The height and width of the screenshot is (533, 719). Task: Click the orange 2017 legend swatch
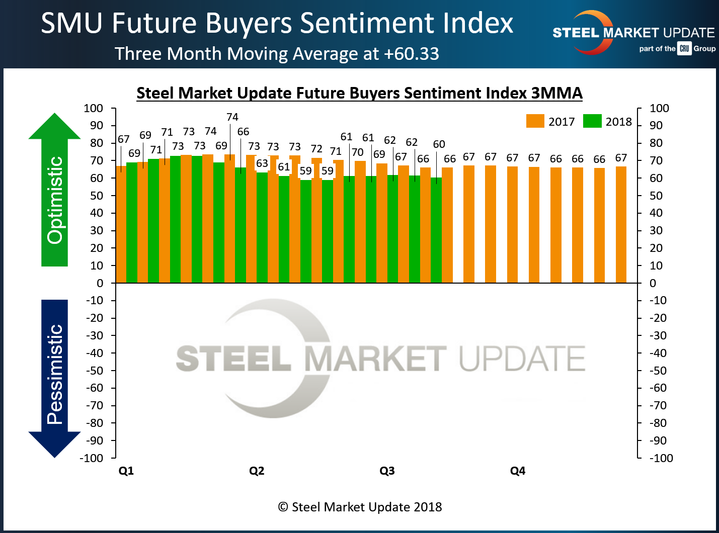click(535, 121)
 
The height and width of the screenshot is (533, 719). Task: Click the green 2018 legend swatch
click(592, 121)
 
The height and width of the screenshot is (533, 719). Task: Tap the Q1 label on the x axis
click(126, 471)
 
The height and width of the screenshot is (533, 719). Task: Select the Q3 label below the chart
click(387, 471)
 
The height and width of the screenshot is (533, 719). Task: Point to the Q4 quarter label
click(518, 471)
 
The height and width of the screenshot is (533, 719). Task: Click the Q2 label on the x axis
click(257, 471)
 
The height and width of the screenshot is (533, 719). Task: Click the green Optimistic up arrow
click(54, 191)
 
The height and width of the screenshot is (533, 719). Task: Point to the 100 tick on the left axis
click(94, 108)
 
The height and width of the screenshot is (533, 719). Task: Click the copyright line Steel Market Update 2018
click(360, 507)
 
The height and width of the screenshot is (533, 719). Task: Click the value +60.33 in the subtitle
click(411, 53)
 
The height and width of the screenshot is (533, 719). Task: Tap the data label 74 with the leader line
click(232, 117)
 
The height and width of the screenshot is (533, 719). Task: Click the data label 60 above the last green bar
click(439, 144)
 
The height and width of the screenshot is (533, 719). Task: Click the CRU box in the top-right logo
click(684, 49)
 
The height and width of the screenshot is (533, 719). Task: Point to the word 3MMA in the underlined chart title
click(556, 93)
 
